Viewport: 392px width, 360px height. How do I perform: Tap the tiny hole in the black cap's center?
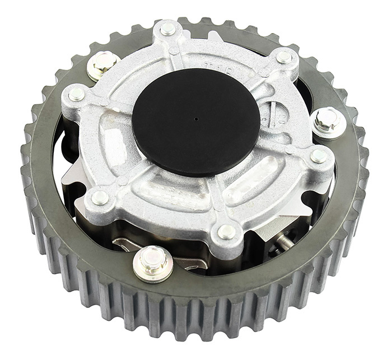click(196, 119)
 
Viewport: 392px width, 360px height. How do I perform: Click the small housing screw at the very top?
click(167, 29)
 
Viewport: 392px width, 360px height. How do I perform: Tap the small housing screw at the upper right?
click(284, 57)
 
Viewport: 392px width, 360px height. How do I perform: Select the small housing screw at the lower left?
click(100, 197)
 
